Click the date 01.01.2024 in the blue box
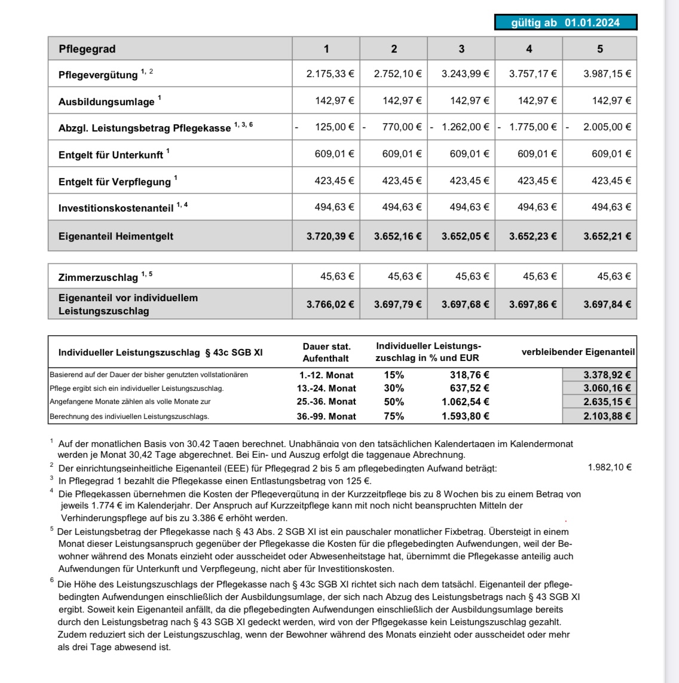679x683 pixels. click(592, 23)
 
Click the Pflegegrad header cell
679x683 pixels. click(87, 49)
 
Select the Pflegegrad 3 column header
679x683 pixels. click(461, 49)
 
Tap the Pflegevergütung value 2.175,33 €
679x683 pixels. click(330, 74)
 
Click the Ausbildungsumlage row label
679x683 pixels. click(106, 102)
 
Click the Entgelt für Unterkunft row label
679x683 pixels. click(111, 155)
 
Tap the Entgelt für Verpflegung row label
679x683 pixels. click(115, 182)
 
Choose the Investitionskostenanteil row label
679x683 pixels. click(116, 208)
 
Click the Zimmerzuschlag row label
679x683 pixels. click(98, 277)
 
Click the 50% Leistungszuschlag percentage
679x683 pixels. click(394, 402)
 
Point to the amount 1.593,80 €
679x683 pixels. click(466, 416)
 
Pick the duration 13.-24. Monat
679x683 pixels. click(326, 388)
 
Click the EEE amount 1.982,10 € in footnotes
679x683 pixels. click(610, 467)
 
